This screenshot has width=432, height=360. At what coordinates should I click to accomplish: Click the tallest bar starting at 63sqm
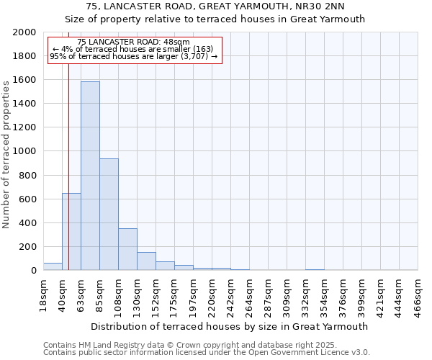point(90,176)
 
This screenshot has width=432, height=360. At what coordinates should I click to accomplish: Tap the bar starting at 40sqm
point(71,231)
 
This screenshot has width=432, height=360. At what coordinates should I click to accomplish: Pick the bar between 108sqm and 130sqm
point(127,249)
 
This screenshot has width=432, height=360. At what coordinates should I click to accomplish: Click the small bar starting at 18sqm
point(53,266)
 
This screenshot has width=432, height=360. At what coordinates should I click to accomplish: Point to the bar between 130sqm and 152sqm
point(146,261)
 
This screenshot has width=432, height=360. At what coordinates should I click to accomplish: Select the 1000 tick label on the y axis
point(25,151)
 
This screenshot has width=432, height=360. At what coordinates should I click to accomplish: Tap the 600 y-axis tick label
point(28,199)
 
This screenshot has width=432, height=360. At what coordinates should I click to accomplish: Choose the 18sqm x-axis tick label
point(43,294)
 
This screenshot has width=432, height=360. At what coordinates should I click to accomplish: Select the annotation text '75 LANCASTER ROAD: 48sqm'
point(133,42)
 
